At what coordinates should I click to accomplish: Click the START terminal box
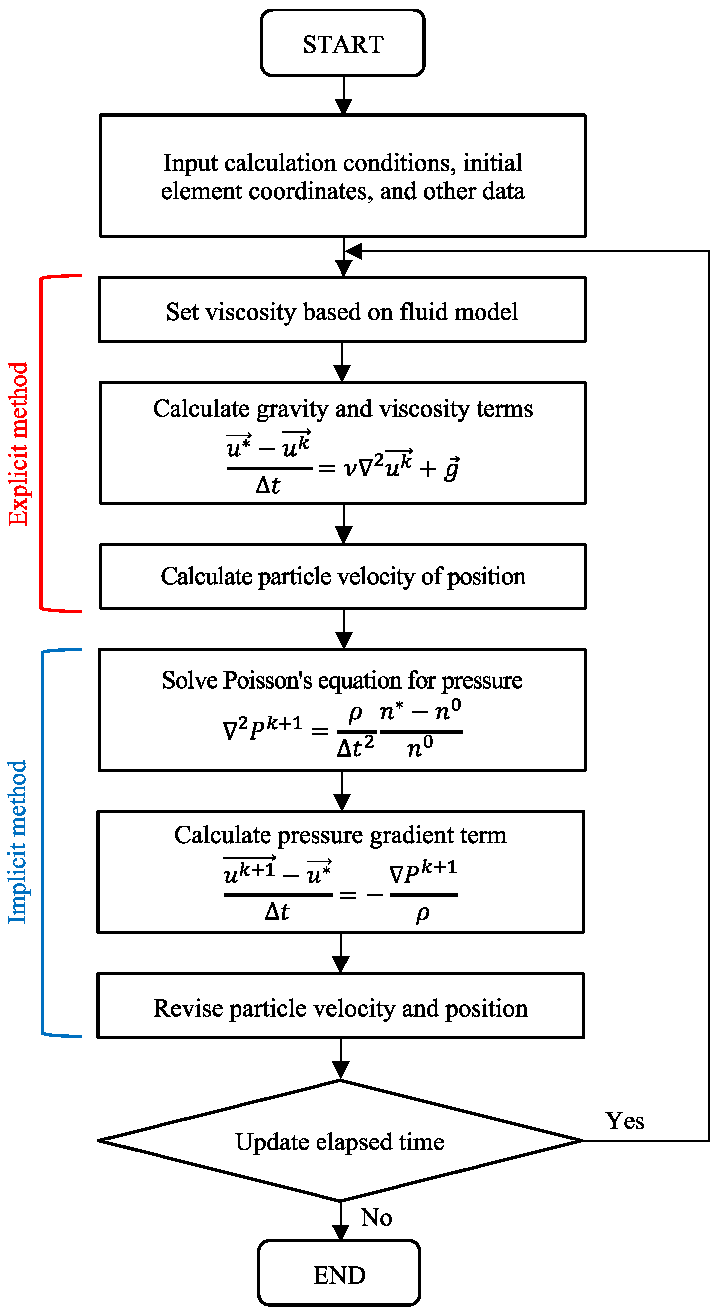point(342,43)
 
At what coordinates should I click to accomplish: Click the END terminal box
point(339,1275)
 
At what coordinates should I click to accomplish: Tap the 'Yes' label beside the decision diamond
point(625,1121)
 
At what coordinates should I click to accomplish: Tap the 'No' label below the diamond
point(376,1217)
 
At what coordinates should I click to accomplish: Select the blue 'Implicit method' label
point(17,842)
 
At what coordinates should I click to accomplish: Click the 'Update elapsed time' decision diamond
point(340,1141)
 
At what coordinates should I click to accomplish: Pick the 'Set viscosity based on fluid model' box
point(342,310)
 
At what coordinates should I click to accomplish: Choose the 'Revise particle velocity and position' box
point(340,1008)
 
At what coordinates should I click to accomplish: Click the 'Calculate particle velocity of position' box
point(343,576)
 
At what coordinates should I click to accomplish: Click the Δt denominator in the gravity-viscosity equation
point(268,485)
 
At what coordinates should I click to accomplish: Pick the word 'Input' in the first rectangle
point(190,163)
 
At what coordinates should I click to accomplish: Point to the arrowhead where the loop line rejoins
point(353,251)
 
